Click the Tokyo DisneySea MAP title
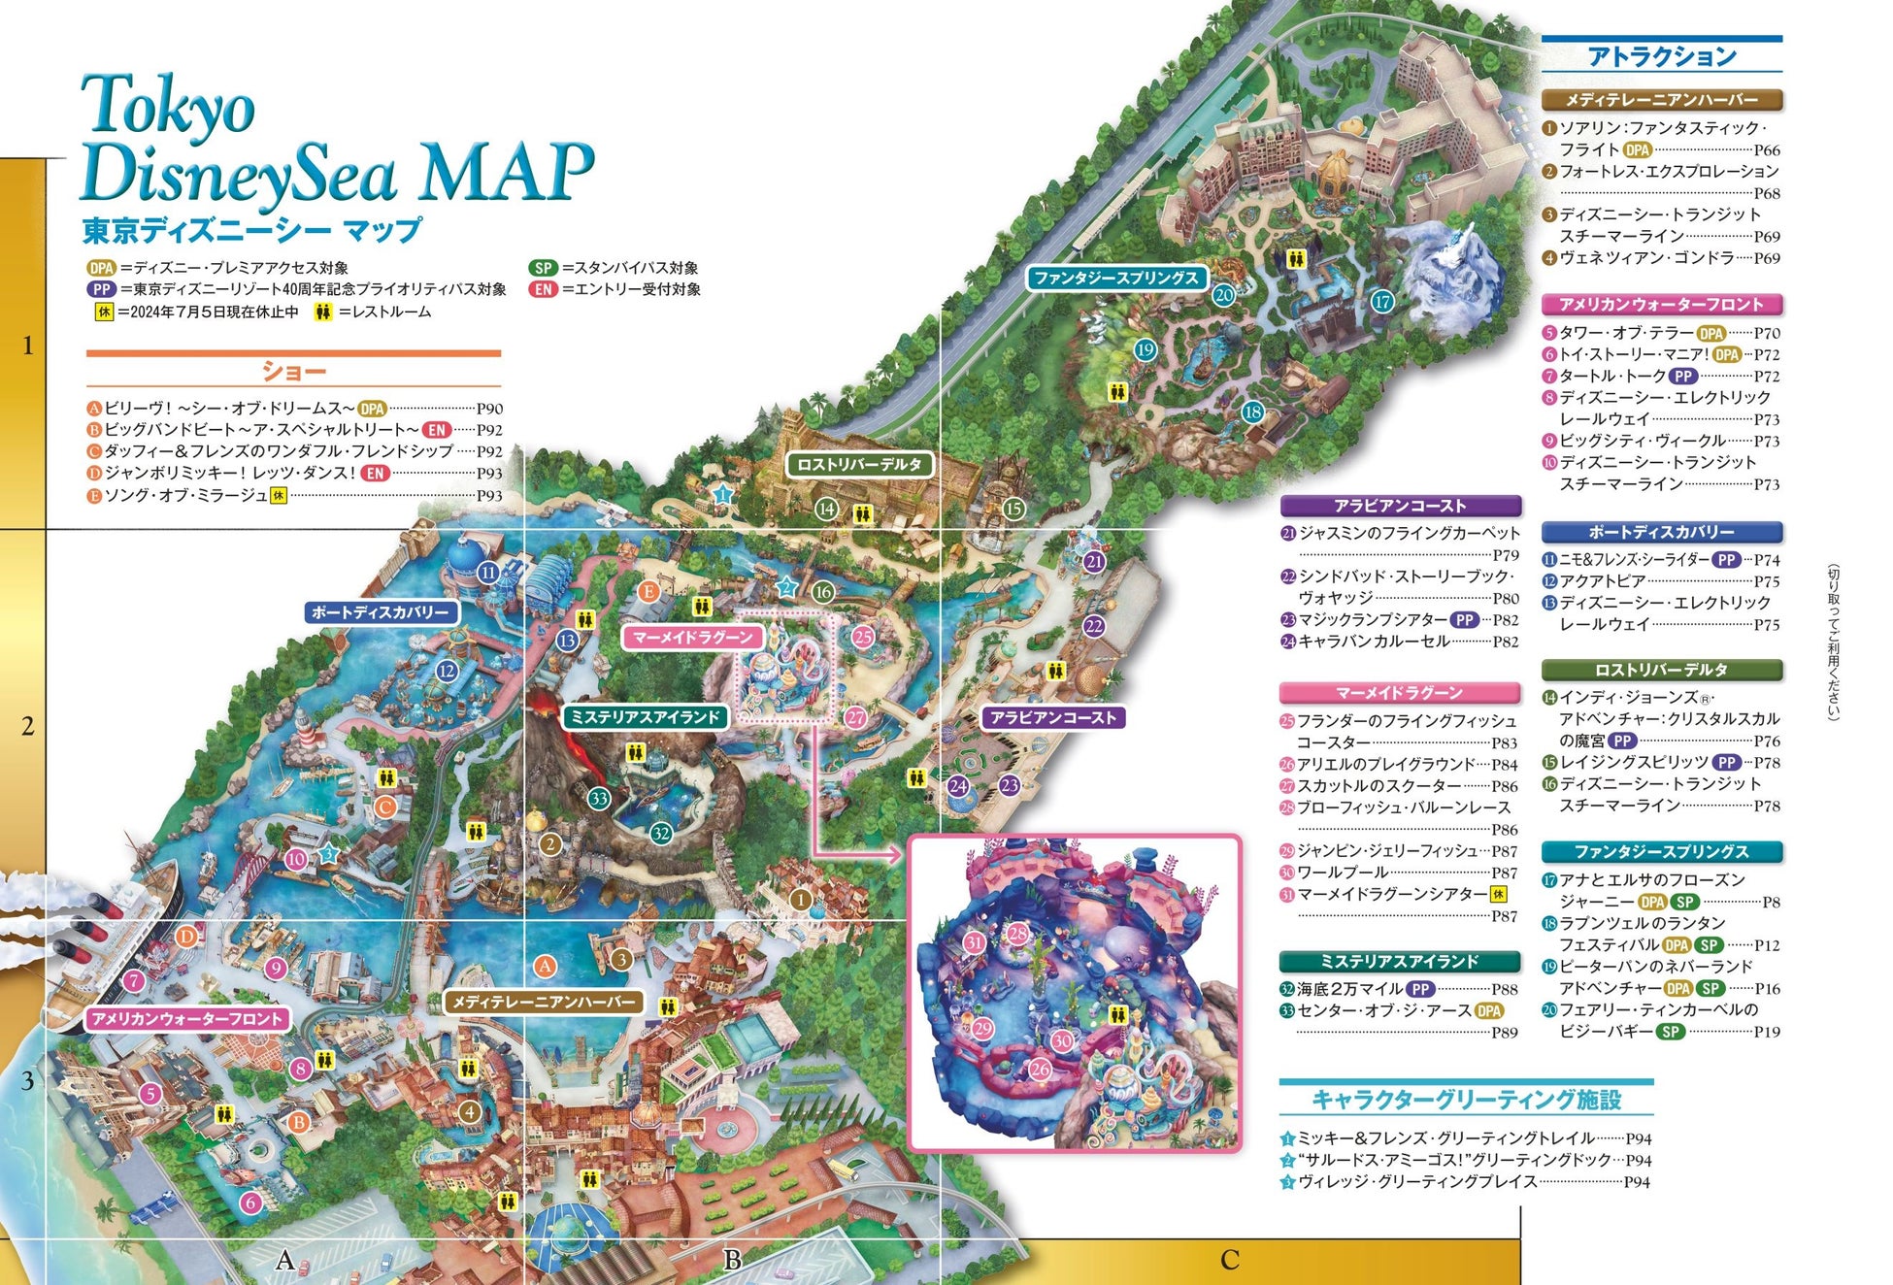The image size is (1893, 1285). pos(335,141)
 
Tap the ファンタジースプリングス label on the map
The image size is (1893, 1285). pos(1115,278)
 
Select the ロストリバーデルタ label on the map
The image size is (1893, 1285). pos(858,464)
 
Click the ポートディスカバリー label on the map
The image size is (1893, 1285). pos(380,612)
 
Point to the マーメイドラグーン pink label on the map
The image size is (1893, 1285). pos(692,638)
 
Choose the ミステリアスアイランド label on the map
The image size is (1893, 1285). pos(645,717)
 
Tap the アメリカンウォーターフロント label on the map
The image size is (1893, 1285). pos(186,1019)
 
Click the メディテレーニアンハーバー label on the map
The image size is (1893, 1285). pos(544,1002)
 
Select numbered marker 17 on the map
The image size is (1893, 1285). pos(1382,302)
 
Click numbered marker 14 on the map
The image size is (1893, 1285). pos(826,509)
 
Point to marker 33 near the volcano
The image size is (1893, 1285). pos(599,799)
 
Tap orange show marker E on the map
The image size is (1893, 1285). pos(648,591)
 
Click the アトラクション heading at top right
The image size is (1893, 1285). pos(1661,56)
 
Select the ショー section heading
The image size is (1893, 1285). pos(293,372)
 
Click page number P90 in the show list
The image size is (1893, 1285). pos(489,409)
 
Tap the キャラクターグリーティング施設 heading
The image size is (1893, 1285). pos(1466,1100)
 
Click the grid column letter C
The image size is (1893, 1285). pos(1230,1260)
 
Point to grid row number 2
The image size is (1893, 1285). pos(27,726)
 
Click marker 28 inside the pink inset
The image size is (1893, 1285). pos(1016,934)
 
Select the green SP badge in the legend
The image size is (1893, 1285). pos(544,268)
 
